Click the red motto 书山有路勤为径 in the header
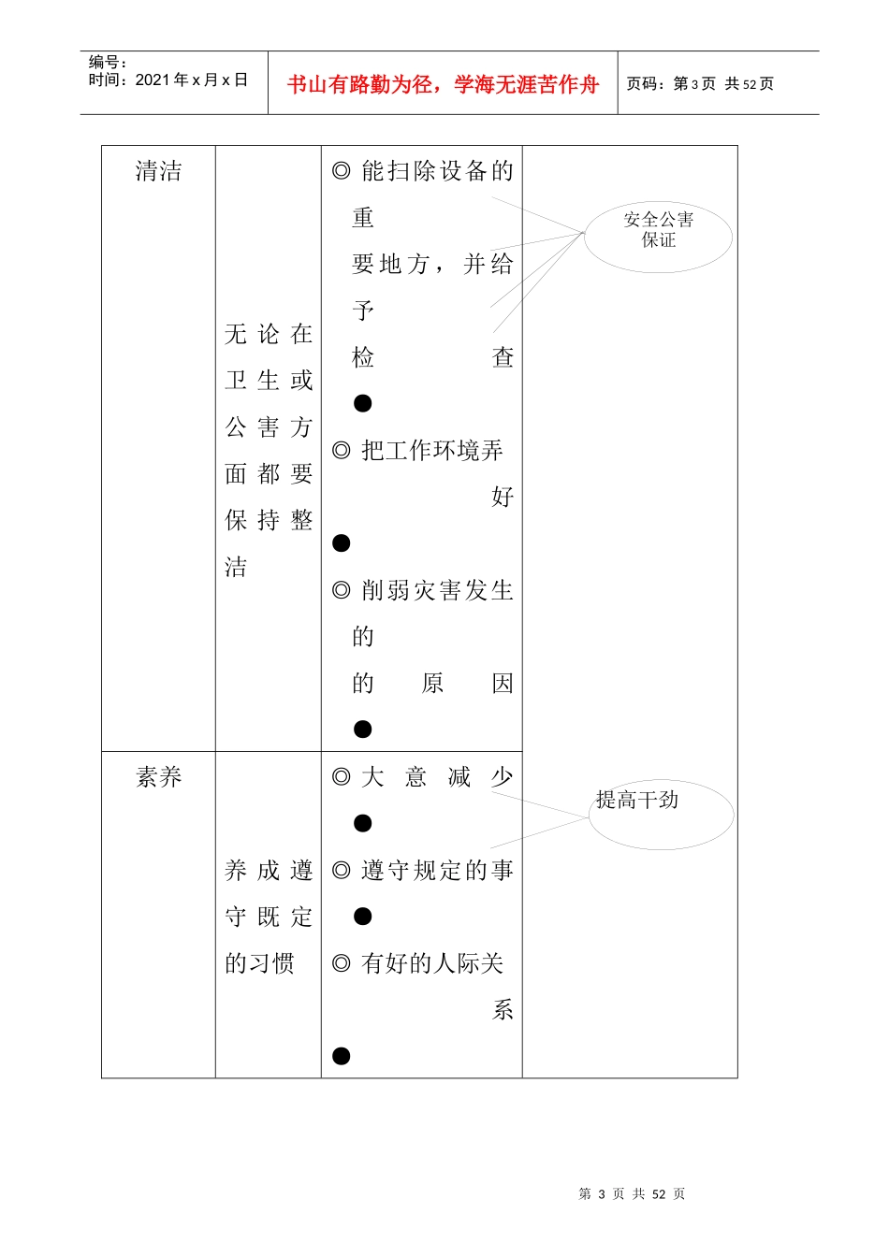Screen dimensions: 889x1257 tap(443, 84)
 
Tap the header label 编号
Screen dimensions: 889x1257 tap(107, 62)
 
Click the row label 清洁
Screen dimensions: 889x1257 tap(158, 171)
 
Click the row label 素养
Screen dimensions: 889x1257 tap(158, 777)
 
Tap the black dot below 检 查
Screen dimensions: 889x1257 tap(363, 403)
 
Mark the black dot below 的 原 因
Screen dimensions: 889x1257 tap(363, 730)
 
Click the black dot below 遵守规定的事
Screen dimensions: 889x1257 tap(363, 917)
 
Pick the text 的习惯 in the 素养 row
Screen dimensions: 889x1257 tap(259, 963)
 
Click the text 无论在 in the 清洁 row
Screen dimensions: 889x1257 tap(269, 334)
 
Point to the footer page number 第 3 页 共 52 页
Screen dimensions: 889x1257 tap(632, 1194)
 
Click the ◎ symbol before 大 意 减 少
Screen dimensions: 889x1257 tap(342, 777)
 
